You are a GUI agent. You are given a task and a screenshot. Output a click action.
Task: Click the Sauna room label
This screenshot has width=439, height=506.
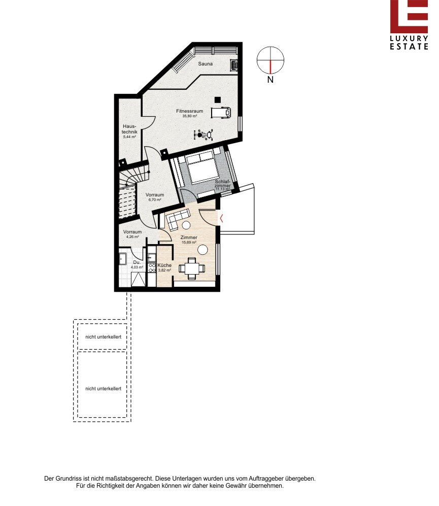click(x=206, y=64)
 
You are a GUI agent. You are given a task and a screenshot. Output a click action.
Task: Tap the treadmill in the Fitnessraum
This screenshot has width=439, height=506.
click(x=221, y=113)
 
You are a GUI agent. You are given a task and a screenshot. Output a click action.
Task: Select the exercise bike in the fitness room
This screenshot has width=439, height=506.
click(x=204, y=134)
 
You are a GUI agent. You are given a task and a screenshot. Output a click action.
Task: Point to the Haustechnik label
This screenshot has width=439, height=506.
click(x=129, y=129)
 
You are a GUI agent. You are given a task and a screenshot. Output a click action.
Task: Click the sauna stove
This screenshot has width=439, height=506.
click(x=233, y=65)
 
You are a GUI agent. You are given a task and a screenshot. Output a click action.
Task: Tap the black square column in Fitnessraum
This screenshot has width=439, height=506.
click(x=218, y=100)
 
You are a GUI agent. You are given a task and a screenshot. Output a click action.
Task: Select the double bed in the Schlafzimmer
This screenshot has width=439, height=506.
click(x=202, y=167)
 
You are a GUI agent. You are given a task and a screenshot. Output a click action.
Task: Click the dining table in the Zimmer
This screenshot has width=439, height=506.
click(x=192, y=268)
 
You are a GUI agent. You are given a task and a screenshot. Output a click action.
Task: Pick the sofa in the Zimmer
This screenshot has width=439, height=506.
click(x=177, y=218)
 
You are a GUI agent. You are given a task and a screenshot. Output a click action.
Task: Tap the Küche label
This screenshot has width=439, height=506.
click(x=164, y=265)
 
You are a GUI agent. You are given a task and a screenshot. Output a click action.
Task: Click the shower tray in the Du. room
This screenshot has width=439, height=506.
click(x=139, y=280)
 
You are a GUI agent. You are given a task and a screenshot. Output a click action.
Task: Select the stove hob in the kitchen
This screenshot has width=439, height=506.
click(x=152, y=267)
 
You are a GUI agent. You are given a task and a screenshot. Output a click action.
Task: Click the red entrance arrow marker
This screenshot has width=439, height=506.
click(x=221, y=218)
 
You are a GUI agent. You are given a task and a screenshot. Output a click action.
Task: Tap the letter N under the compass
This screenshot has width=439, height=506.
click(x=271, y=79)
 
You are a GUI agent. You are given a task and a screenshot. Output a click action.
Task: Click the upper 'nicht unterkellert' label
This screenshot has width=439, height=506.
click(x=104, y=337)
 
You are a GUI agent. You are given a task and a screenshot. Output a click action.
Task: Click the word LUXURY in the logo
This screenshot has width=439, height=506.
click(x=409, y=39)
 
